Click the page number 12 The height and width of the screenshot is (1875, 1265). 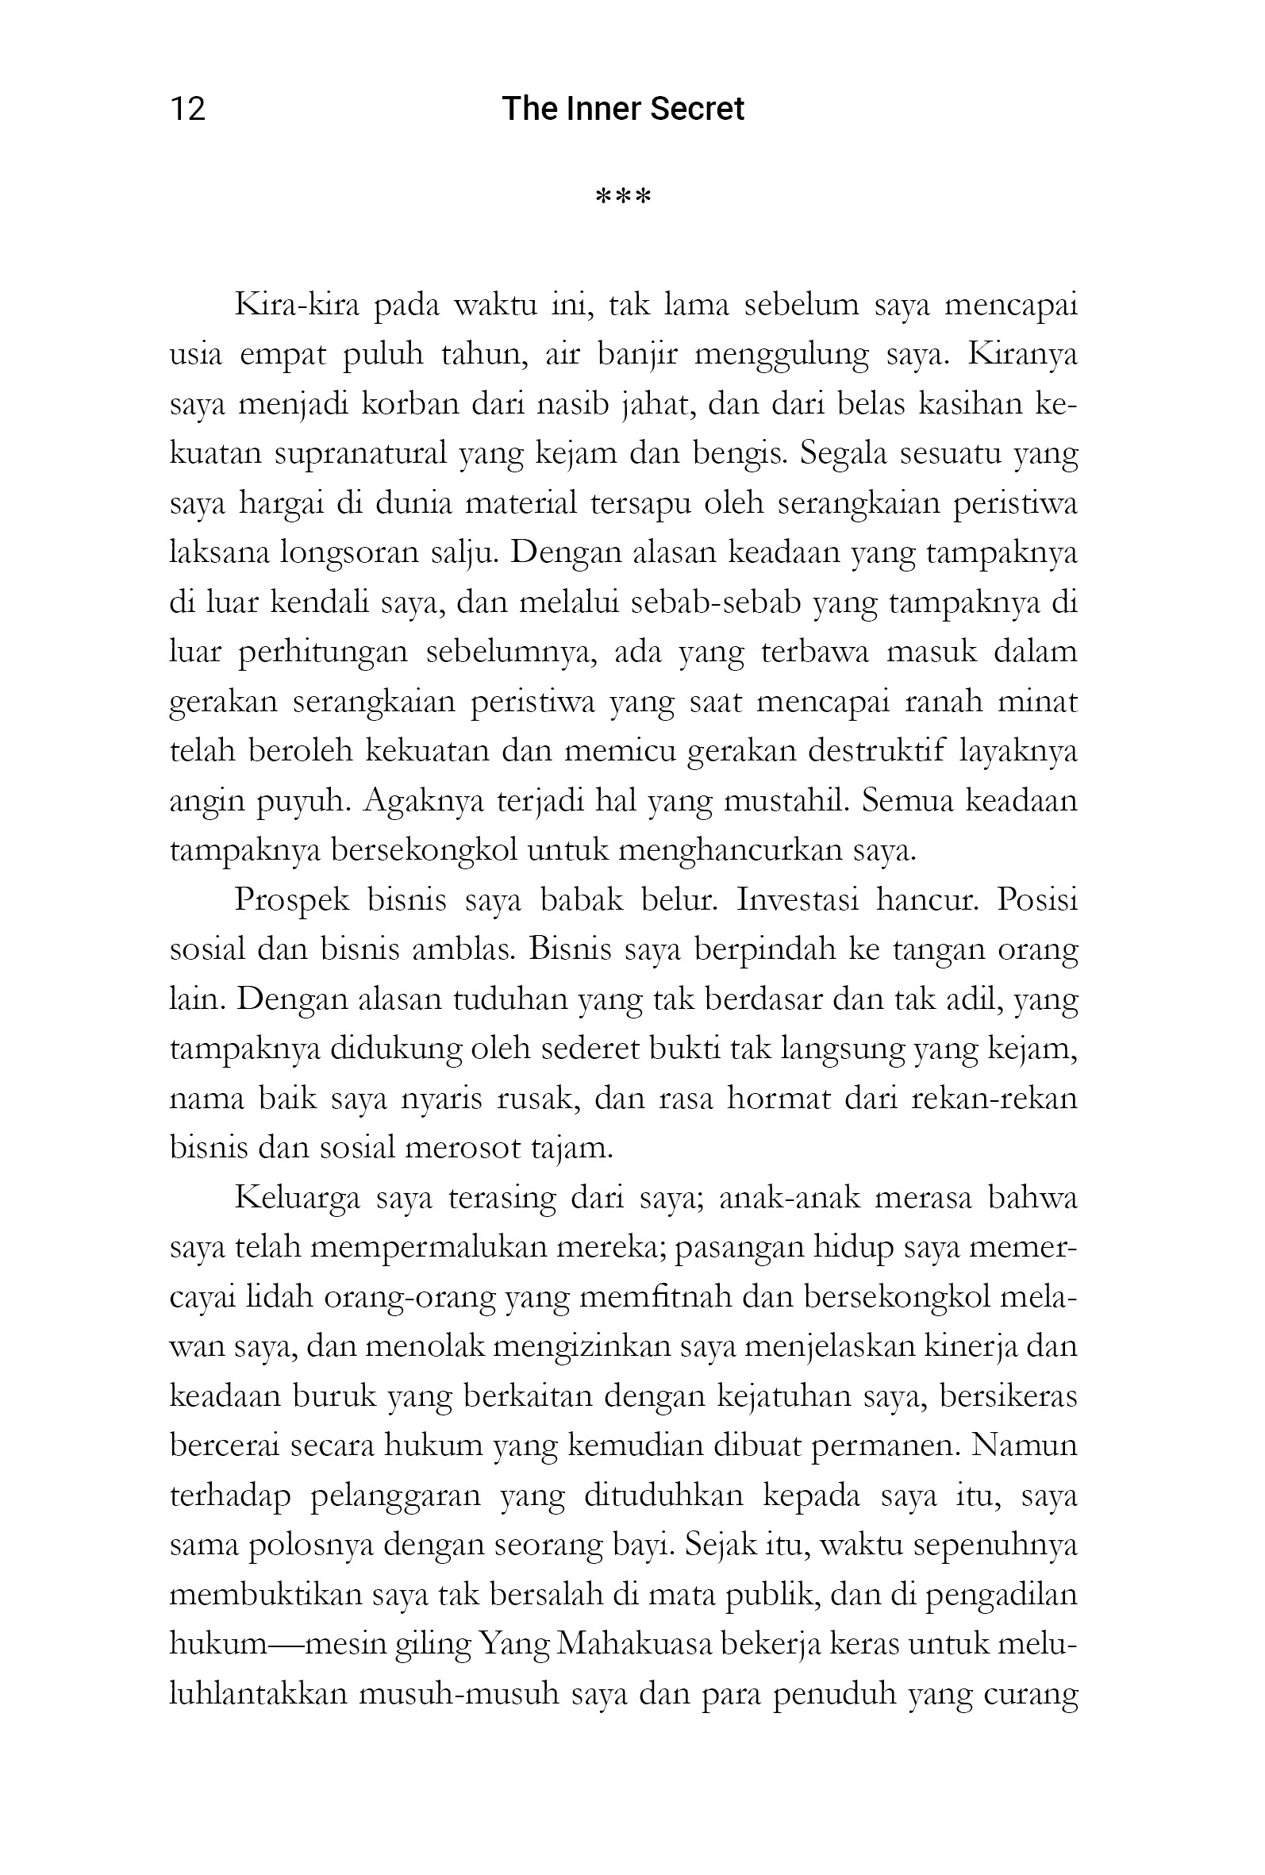tap(187, 109)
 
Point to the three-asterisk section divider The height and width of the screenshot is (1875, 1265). tap(623, 197)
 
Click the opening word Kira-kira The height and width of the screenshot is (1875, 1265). tap(296, 306)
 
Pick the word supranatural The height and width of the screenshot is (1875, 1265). tap(360, 454)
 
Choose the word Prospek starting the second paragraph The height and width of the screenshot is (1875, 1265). tap(292, 900)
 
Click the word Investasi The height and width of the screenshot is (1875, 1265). tap(797, 900)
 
